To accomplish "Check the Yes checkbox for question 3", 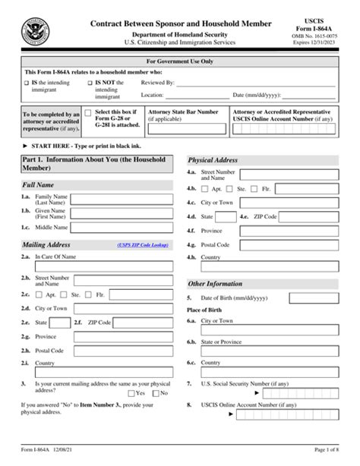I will [132, 393].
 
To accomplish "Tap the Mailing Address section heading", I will [47, 245].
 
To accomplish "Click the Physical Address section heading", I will [214, 160].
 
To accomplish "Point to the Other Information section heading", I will [216, 283].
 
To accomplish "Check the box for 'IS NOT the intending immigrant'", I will [90, 80].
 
